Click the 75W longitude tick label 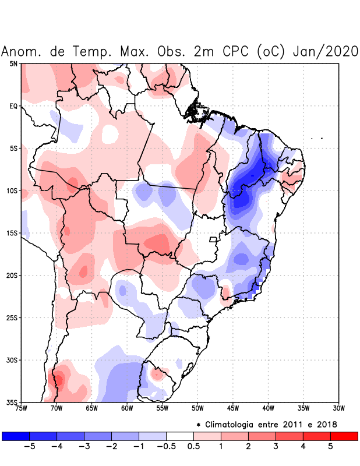[x=21, y=408]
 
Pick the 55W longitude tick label [x=162, y=408]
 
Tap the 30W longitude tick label [x=338, y=408]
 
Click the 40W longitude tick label [x=268, y=408]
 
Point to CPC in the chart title [x=237, y=51]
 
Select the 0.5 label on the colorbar [x=193, y=447]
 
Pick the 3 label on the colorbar [x=276, y=447]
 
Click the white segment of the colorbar [x=179, y=436]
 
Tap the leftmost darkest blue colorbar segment [x=16, y=436]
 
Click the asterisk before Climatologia [x=198, y=424]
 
